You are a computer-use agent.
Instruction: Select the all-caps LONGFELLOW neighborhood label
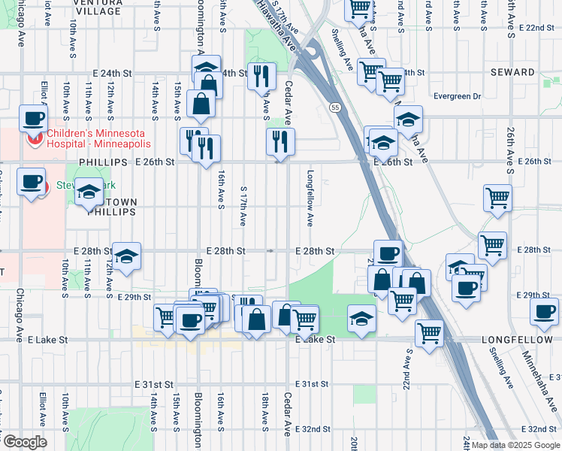pos(517,340)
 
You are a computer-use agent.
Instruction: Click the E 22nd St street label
pos(530,28)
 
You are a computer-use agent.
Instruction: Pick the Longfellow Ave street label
pos(310,198)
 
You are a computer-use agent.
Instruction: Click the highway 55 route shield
pos(334,108)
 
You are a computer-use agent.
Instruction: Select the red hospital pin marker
pos(34,138)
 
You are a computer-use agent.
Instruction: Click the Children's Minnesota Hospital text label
pos(98,138)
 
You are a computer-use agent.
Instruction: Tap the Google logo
pos(24,442)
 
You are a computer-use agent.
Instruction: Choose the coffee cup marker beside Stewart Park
pos(31,183)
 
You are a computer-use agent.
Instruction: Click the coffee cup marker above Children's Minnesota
pos(33,119)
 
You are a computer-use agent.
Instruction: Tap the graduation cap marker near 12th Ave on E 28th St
pos(127,256)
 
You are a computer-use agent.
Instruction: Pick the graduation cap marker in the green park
pos(362,319)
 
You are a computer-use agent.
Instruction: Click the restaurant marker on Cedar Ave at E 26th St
pos(280,141)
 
